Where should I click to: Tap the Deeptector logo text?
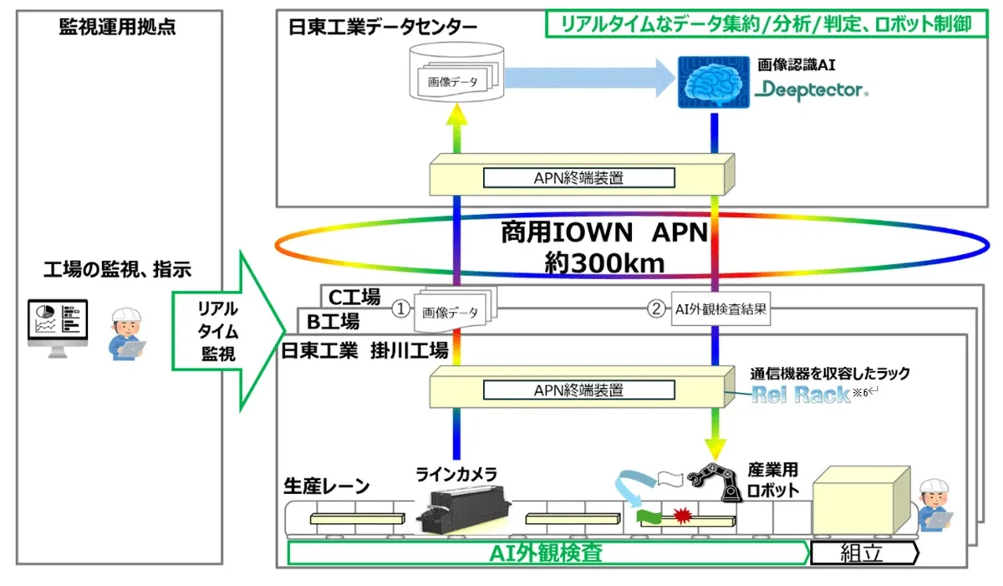tap(811, 89)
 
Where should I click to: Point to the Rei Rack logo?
tap(801, 395)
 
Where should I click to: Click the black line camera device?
tap(462, 510)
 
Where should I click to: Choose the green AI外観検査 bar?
tap(547, 553)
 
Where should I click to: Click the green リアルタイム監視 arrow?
tap(221, 331)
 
